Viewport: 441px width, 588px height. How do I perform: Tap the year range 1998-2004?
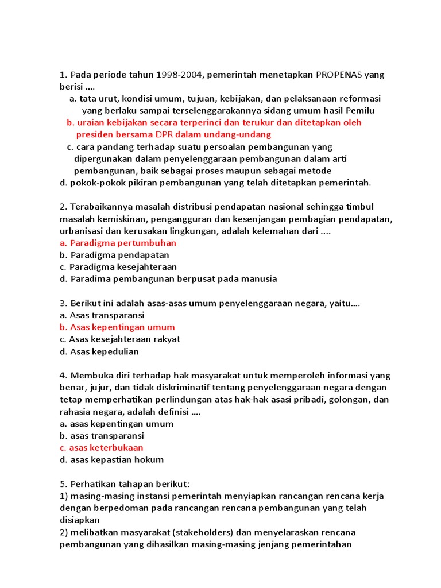pos(179,75)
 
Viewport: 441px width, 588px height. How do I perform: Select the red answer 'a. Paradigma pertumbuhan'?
pos(118,243)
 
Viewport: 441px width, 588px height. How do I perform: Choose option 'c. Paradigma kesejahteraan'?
pos(118,267)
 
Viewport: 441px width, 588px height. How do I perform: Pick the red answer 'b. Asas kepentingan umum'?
pos(117,327)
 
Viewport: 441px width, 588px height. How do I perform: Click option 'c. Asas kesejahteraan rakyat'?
pos(120,339)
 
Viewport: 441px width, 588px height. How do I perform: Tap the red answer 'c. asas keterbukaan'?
pos(102,447)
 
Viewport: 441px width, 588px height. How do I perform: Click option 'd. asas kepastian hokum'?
pos(112,459)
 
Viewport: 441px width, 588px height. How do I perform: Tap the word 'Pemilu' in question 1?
pos(361,110)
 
